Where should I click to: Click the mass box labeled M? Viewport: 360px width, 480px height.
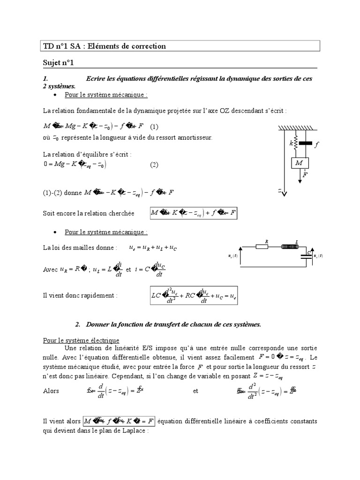pyautogui.click(x=299, y=163)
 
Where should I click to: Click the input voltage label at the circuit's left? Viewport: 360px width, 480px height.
pyautogui.click(x=232, y=256)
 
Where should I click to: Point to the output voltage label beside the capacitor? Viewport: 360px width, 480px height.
pyautogui.click(x=318, y=256)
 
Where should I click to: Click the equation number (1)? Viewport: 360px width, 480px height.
pyautogui.click(x=154, y=127)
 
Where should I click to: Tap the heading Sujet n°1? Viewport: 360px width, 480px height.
pyautogui.click(x=55, y=62)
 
